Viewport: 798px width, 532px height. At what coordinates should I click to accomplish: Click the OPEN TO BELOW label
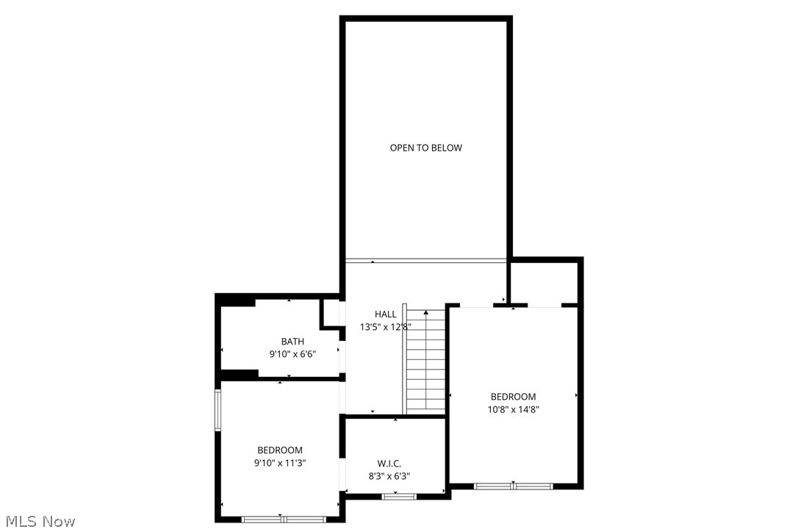tap(425, 148)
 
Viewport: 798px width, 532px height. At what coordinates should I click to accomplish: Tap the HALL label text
tap(385, 314)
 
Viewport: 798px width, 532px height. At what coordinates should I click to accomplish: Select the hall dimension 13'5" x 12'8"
tap(385, 327)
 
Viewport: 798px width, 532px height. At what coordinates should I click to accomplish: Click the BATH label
tap(292, 342)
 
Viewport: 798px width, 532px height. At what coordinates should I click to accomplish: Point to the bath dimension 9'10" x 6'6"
tap(292, 354)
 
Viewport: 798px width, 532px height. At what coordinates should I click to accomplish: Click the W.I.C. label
tap(389, 464)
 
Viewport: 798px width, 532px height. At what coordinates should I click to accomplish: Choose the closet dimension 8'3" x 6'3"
tap(389, 476)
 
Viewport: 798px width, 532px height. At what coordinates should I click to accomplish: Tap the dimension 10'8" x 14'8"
tap(514, 410)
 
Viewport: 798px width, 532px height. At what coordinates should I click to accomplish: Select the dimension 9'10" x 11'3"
tap(280, 463)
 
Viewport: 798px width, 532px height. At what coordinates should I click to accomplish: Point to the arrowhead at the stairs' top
tap(426, 313)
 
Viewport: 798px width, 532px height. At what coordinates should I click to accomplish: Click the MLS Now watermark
tap(38, 522)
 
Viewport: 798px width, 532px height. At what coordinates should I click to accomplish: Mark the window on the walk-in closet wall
tap(399, 497)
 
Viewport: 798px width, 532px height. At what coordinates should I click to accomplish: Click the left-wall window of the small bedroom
tap(218, 410)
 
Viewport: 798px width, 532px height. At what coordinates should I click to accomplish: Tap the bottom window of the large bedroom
tap(513, 486)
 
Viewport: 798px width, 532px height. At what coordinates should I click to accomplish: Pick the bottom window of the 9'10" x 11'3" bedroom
tap(284, 519)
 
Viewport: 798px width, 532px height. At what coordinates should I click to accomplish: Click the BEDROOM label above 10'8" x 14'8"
tap(514, 397)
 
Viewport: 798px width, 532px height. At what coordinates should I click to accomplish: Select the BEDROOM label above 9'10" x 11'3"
tap(280, 450)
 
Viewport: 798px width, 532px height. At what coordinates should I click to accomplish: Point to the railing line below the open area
tap(426, 260)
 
